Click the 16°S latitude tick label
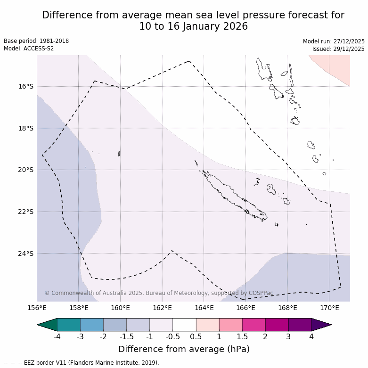coord(26,86)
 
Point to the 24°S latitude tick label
coord(26,254)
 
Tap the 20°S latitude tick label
coord(26,170)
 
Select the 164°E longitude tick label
coord(204,308)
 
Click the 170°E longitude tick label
coord(329,308)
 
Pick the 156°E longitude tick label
coord(37,308)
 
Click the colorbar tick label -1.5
coord(126,336)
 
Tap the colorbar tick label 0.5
coord(196,336)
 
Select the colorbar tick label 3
coord(288,336)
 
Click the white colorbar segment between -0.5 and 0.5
coord(184,325)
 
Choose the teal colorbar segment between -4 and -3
coord(69,325)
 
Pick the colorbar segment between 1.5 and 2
coord(254,325)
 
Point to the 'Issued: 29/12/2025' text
coord(338,49)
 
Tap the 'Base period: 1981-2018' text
coord(36,41)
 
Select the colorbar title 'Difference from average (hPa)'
coord(184,349)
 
